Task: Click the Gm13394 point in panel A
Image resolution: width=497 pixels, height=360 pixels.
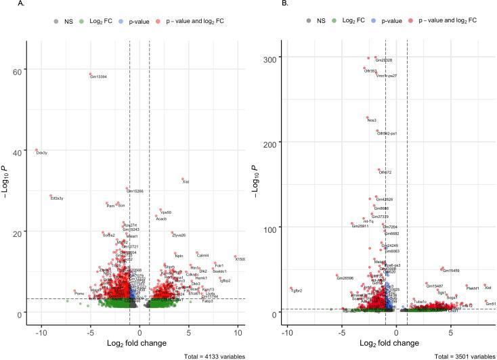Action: pyautogui.click(x=90, y=74)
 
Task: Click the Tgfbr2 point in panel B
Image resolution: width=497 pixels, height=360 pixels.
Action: pyautogui.click(x=291, y=288)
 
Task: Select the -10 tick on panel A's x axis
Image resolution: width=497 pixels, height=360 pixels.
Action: pyautogui.click(x=42, y=315)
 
